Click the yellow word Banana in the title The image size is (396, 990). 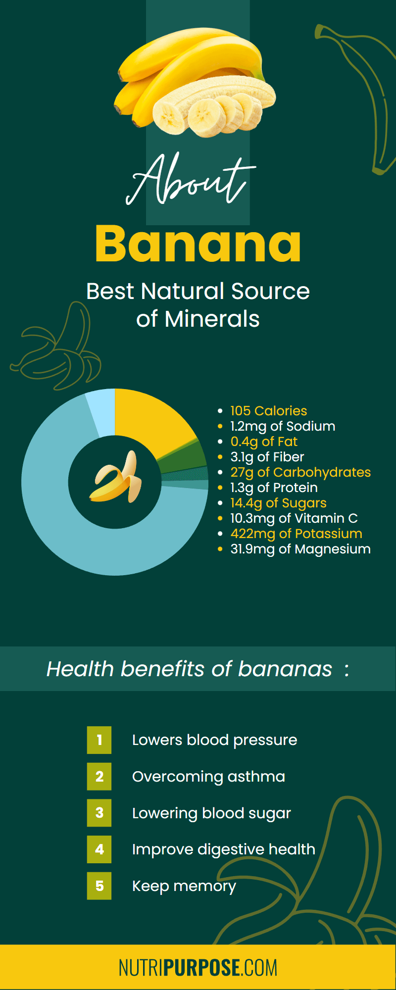point(198,244)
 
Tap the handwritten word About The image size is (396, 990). point(191,179)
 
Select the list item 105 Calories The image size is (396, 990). point(269,411)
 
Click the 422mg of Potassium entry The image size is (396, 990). point(296,534)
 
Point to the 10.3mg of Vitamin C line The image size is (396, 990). point(294,518)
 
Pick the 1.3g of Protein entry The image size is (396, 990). point(274,488)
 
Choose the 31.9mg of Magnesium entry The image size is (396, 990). point(300,549)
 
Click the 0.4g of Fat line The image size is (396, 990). point(264,442)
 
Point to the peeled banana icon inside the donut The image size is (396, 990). point(115,476)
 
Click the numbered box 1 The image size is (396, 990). point(99,740)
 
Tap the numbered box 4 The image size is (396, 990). point(99,849)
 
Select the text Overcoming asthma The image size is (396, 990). point(208,777)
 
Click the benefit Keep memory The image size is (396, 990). point(184,886)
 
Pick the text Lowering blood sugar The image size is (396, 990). point(211,813)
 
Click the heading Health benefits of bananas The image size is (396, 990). point(190,669)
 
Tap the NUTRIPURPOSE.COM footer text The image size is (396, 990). point(198,968)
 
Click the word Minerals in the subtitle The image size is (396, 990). point(212,319)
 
